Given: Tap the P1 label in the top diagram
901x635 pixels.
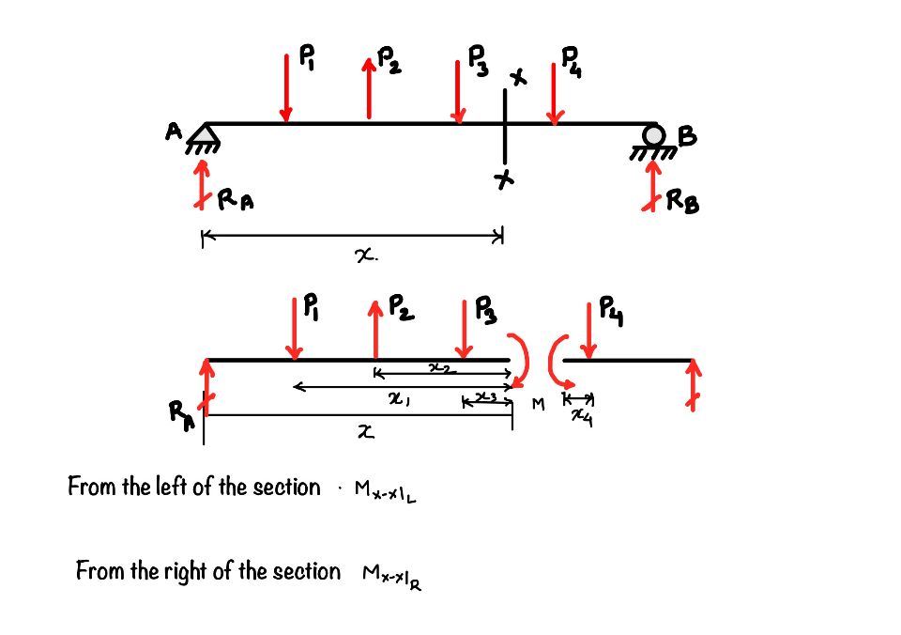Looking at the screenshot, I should pyautogui.click(x=307, y=59).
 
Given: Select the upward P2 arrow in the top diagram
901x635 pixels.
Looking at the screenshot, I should pyautogui.click(x=370, y=88).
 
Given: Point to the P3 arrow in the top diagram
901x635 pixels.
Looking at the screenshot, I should pyautogui.click(x=458, y=92).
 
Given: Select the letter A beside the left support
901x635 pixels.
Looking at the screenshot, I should pyautogui.click(x=174, y=133).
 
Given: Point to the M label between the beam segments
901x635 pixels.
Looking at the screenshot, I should pyautogui.click(x=538, y=404).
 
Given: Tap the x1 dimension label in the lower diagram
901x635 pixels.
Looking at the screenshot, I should pyautogui.click(x=400, y=399).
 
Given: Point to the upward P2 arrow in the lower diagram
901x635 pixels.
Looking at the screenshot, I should pyautogui.click(x=374, y=329).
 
